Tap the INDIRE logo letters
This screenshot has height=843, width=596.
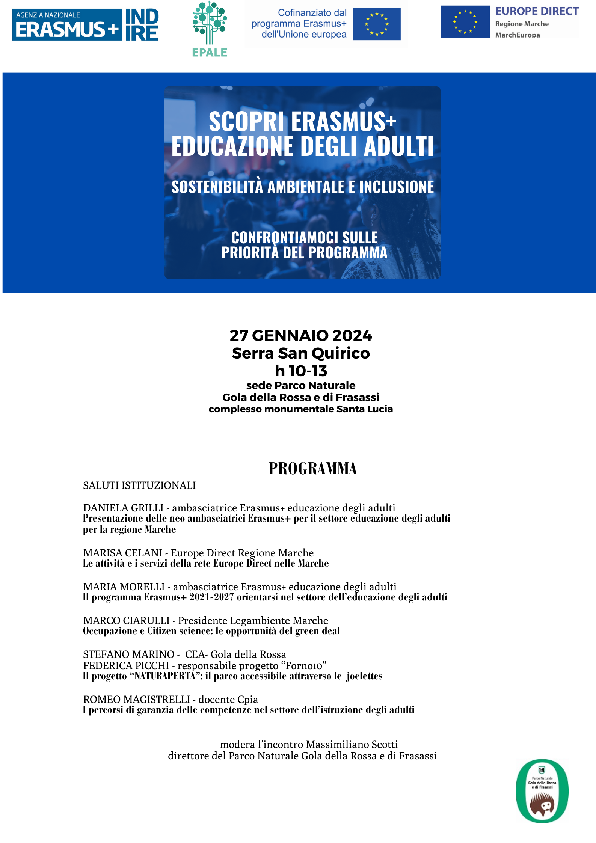pos(142,25)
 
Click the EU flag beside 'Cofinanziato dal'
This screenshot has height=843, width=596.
pos(377,24)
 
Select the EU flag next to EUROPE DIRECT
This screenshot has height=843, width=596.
pos(465,22)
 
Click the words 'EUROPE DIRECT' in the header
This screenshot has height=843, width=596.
pos(537,11)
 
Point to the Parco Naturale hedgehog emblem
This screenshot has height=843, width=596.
pos(542,791)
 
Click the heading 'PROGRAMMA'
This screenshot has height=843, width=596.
pos(312,469)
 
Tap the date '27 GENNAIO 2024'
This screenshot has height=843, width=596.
pos(301,335)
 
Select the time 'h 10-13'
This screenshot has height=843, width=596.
pos(301,371)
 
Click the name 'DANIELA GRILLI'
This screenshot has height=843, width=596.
pos(123,508)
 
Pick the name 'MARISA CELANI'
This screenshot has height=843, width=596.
pos(122,553)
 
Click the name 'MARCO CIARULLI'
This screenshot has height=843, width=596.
pos(126,620)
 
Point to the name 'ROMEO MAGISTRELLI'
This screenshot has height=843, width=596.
pos(136,699)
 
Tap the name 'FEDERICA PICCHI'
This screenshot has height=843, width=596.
pos(126,665)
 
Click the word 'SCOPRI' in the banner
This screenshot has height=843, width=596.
pos(246,122)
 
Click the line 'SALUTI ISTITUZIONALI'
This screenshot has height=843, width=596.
pos(139,485)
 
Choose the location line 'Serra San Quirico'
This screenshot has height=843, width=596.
pos(301,353)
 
